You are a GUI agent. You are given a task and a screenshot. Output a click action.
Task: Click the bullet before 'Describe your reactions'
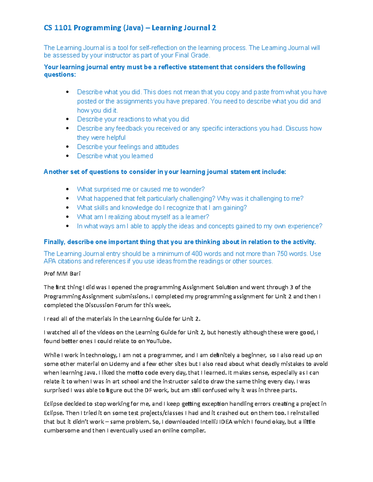click(67, 119)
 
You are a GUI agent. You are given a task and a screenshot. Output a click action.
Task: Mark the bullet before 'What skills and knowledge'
click(67, 208)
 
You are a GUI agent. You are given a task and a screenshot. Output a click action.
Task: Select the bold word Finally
click(54, 242)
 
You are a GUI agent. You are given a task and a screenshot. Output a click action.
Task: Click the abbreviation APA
click(50, 261)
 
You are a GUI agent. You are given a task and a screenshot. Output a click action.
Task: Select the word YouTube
click(159, 341)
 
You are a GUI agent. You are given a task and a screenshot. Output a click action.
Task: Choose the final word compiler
click(193, 430)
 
